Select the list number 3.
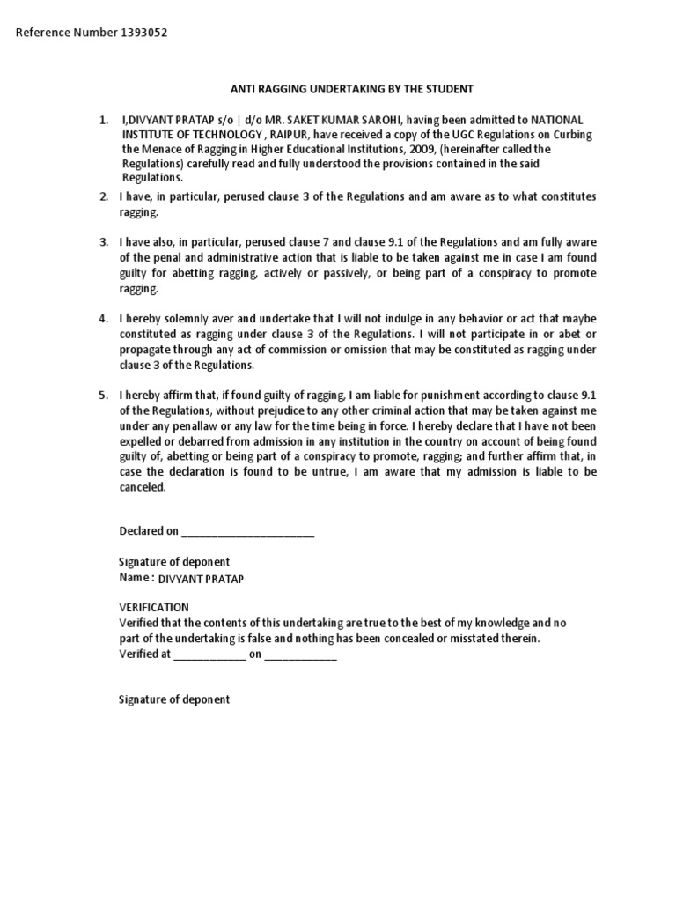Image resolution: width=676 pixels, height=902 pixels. point(103,242)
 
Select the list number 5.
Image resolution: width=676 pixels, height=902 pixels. point(103,395)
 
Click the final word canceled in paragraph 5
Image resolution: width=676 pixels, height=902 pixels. point(142,487)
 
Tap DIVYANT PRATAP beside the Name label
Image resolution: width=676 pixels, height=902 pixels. point(201,579)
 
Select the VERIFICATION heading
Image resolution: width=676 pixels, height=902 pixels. point(154,608)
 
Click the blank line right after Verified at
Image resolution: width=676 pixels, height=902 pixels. point(209,655)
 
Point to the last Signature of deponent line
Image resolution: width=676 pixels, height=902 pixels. point(174,699)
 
